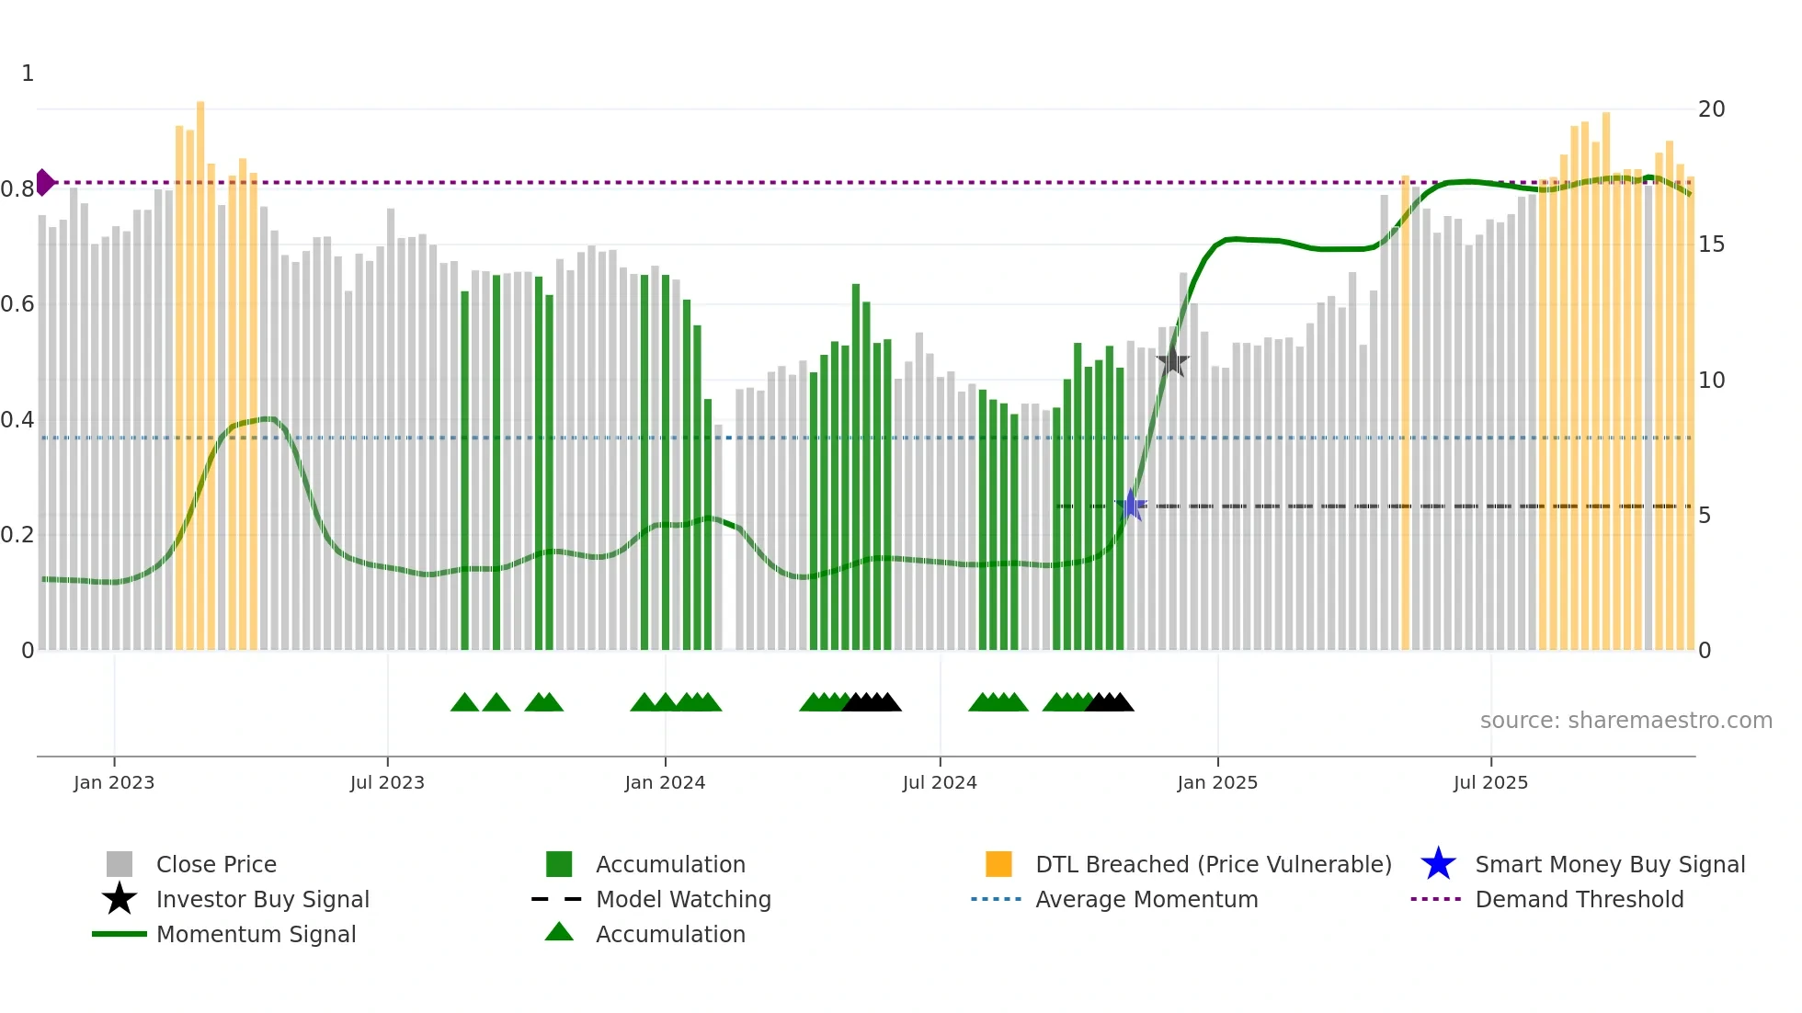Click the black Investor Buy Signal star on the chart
click(1172, 360)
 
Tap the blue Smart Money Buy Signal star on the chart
click(1131, 506)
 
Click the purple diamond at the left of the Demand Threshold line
click(44, 182)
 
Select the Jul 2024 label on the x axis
click(939, 782)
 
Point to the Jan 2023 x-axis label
click(114, 782)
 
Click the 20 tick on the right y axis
click(1711, 109)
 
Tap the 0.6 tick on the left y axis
click(17, 304)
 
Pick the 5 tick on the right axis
click(1705, 516)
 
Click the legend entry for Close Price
click(216, 864)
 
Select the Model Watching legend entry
click(683, 899)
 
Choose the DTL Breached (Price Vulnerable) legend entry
click(1213, 864)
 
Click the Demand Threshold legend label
click(1579, 899)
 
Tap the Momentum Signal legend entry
click(256, 934)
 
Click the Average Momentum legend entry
click(1146, 899)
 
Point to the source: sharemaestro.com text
click(1625, 721)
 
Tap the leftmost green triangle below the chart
click(464, 703)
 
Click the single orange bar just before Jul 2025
click(1405, 414)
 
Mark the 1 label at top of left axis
click(28, 74)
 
